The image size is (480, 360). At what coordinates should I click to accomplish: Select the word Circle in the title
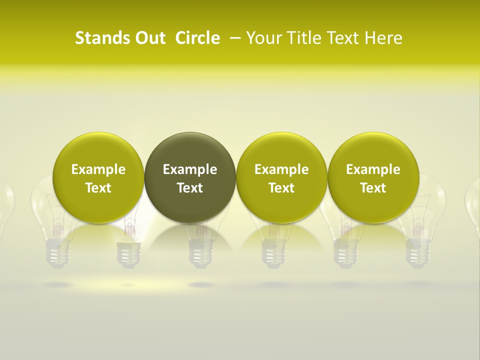tap(197, 38)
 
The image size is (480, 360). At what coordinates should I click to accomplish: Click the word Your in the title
tap(263, 38)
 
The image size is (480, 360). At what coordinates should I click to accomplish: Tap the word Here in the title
tap(384, 38)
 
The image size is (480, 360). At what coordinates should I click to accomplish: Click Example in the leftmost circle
tap(98, 169)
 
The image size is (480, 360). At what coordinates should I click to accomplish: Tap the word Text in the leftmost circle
tap(98, 188)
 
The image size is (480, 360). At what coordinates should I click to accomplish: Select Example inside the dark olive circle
tap(190, 169)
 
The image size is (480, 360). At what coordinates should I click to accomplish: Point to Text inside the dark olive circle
tap(190, 188)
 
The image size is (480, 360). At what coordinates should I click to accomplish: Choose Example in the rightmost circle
tap(373, 169)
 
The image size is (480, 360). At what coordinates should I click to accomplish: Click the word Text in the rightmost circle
tap(373, 188)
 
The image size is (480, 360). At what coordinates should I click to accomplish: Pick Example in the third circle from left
tap(281, 169)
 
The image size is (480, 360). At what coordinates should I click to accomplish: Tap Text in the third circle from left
tap(281, 188)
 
